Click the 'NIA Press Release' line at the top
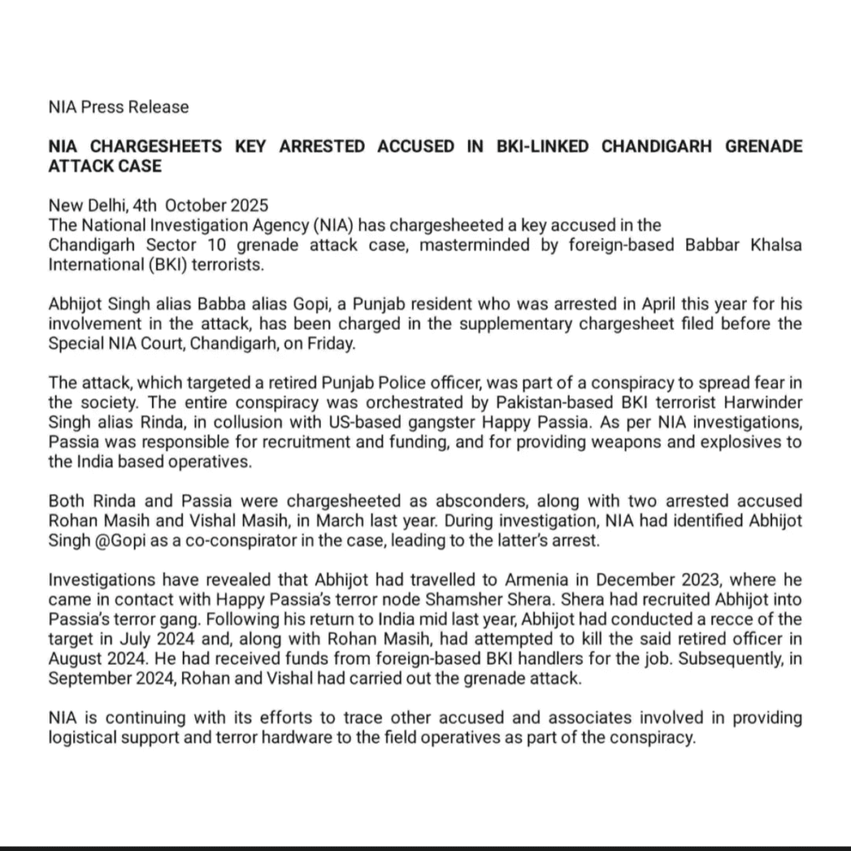tap(119, 107)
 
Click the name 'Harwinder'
tap(761, 403)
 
